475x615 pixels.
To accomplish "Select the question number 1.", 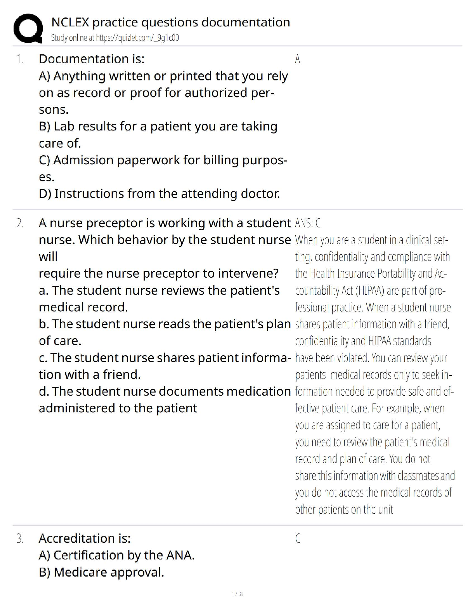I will (19, 59).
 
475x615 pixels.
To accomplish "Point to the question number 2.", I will (20, 223).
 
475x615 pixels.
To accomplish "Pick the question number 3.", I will (20, 539).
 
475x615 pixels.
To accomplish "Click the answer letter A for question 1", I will (297, 59).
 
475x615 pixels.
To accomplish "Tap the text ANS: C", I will (307, 223).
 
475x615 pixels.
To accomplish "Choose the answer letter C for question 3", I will (298, 539).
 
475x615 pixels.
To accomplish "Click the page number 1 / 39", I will (237, 594).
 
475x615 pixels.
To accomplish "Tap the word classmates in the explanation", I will (413, 476).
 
